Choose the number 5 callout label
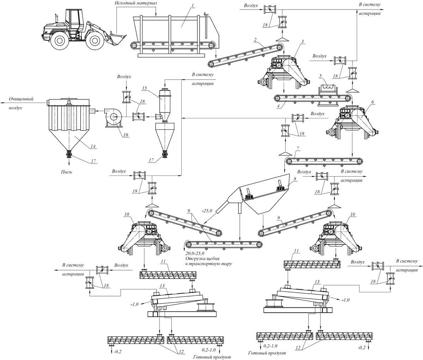tap(320, 75)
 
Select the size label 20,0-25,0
tap(196, 253)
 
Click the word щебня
tap(217, 258)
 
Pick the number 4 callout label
tap(279, 105)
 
